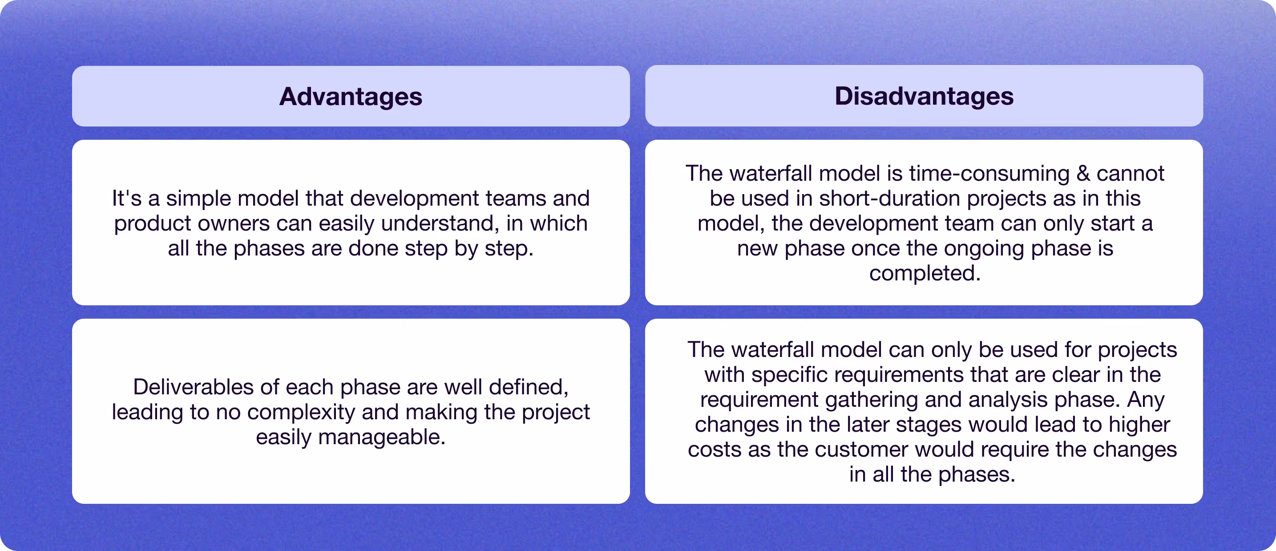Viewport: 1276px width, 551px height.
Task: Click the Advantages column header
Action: [x=351, y=96]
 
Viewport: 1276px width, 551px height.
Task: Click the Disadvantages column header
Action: [x=924, y=96]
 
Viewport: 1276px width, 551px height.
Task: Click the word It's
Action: [x=126, y=198]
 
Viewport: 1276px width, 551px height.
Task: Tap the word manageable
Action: [x=381, y=438]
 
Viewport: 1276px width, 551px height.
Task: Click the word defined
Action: [x=529, y=387]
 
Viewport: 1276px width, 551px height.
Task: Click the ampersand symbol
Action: [x=1083, y=174]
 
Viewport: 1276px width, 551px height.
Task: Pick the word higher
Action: [x=1139, y=425]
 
